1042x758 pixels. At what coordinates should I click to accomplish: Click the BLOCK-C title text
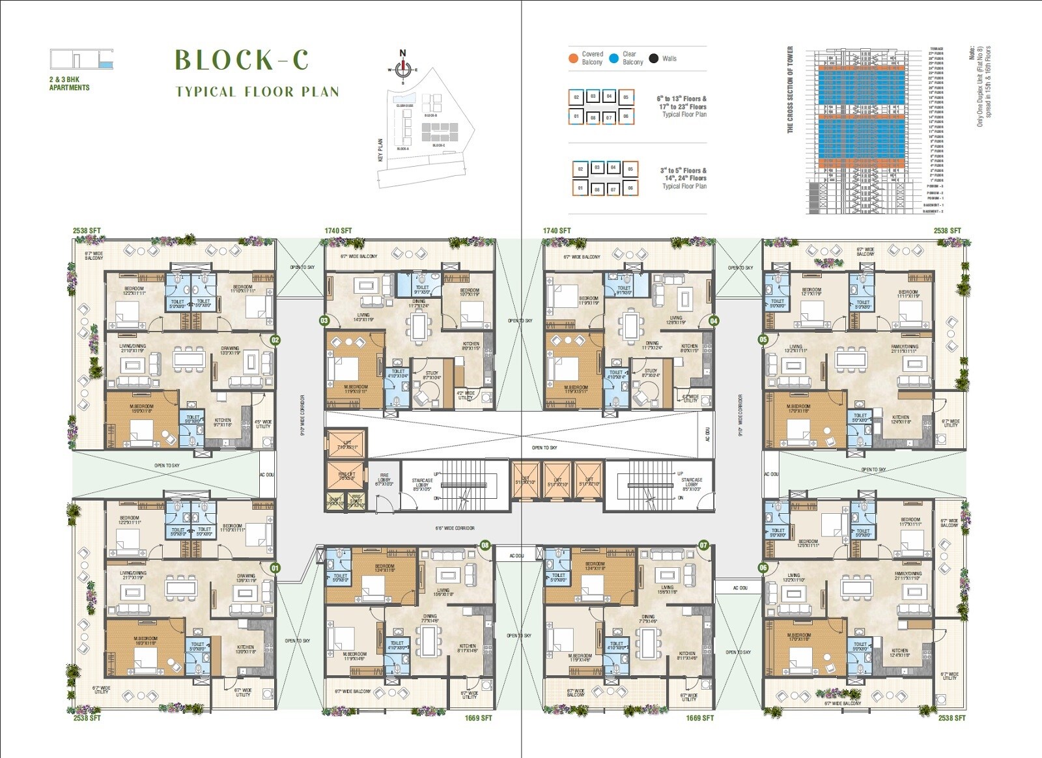click(x=242, y=60)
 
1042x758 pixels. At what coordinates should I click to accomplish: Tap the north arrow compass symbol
click(x=402, y=65)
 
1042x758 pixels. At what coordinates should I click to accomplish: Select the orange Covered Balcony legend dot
click(x=573, y=58)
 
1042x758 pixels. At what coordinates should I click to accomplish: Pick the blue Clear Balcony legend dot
click(x=613, y=58)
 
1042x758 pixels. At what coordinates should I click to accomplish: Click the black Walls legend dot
click(x=654, y=58)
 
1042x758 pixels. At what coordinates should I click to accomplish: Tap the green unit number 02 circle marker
click(x=275, y=339)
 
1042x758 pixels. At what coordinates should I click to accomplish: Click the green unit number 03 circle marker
click(x=324, y=320)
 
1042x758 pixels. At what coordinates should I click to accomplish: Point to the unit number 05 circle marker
click(x=763, y=339)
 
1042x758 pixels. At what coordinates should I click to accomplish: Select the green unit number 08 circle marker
click(x=485, y=545)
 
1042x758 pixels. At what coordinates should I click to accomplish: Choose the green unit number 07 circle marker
click(x=703, y=545)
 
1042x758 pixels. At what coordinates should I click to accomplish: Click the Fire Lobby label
click(x=384, y=480)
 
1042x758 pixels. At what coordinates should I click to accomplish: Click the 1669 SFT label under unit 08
click(x=478, y=718)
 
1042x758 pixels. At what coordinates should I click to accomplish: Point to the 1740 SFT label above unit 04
click(x=557, y=231)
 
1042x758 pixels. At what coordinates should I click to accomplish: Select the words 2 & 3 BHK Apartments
click(x=69, y=83)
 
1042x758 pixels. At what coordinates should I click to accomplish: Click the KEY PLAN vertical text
click(x=381, y=150)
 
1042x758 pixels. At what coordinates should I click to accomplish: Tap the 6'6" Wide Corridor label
click(x=455, y=528)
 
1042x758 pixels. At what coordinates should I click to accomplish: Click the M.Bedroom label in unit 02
click(x=141, y=408)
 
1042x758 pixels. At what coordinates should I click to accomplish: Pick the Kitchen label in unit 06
click(x=900, y=652)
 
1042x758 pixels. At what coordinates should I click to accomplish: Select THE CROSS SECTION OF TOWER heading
click(x=790, y=89)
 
